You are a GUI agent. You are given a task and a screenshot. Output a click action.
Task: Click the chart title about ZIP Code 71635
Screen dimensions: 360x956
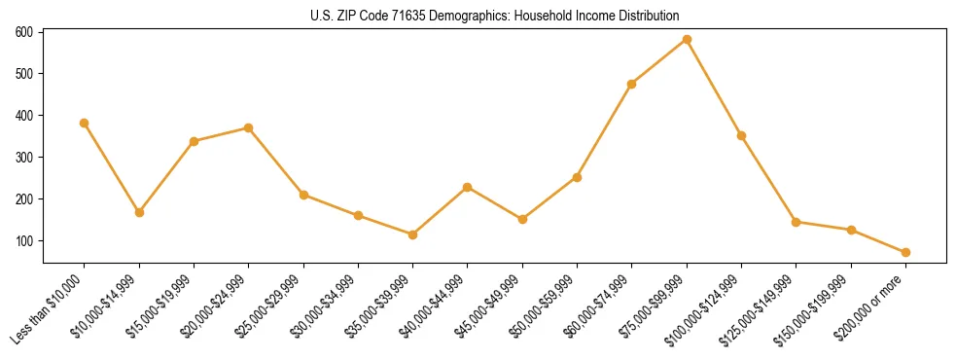(494, 16)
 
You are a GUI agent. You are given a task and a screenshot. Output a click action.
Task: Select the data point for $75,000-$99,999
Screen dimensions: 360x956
(687, 40)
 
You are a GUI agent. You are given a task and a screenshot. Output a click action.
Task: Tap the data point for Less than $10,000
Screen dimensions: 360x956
(85, 124)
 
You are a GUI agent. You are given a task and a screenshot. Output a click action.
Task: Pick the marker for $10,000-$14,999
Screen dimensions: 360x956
(139, 212)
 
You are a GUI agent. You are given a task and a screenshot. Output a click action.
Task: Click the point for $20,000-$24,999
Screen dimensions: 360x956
(249, 127)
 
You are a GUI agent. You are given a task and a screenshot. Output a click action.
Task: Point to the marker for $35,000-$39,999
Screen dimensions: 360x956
(413, 234)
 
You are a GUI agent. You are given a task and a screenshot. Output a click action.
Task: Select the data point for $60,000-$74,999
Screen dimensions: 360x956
(632, 84)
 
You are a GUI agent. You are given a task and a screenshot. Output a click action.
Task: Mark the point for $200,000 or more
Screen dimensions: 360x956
(905, 252)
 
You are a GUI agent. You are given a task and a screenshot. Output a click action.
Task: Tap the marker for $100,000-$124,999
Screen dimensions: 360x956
(741, 135)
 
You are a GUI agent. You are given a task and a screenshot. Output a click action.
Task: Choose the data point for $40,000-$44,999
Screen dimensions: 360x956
(468, 187)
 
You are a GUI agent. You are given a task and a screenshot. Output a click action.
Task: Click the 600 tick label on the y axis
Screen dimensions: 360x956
(24, 32)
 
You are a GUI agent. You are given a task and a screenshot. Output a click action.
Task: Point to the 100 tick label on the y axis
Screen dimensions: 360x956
(24, 240)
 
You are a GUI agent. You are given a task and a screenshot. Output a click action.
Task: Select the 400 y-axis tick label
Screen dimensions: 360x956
(24, 116)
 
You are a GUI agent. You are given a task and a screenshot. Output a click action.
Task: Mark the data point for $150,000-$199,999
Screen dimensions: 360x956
(851, 230)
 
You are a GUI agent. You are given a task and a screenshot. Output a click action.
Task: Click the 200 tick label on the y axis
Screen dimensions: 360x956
(24, 198)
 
